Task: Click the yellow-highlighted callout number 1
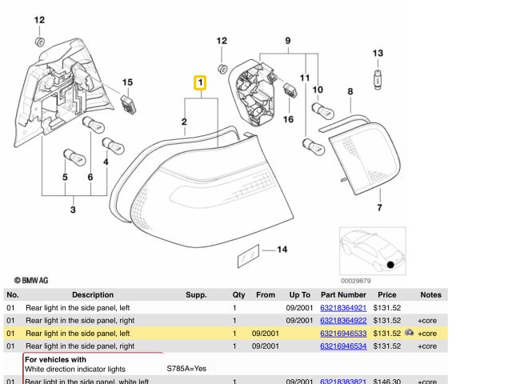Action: (x=200, y=83)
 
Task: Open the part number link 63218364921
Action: (x=342, y=307)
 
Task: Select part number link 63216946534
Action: (x=342, y=346)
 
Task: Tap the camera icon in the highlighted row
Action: (x=410, y=333)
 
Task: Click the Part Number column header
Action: (x=342, y=294)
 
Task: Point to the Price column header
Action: (x=386, y=294)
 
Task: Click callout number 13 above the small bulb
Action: (x=378, y=53)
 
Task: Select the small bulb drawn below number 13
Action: (x=378, y=77)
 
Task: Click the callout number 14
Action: (x=282, y=250)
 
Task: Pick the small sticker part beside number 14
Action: (x=246, y=257)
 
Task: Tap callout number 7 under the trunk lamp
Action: (x=379, y=208)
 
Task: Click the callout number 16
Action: (x=288, y=119)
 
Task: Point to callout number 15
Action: (x=127, y=82)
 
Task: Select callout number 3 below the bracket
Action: (x=73, y=210)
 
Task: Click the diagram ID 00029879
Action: (x=355, y=280)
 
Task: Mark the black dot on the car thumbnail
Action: (x=390, y=264)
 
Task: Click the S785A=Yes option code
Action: (x=186, y=369)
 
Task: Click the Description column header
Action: (x=93, y=294)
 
